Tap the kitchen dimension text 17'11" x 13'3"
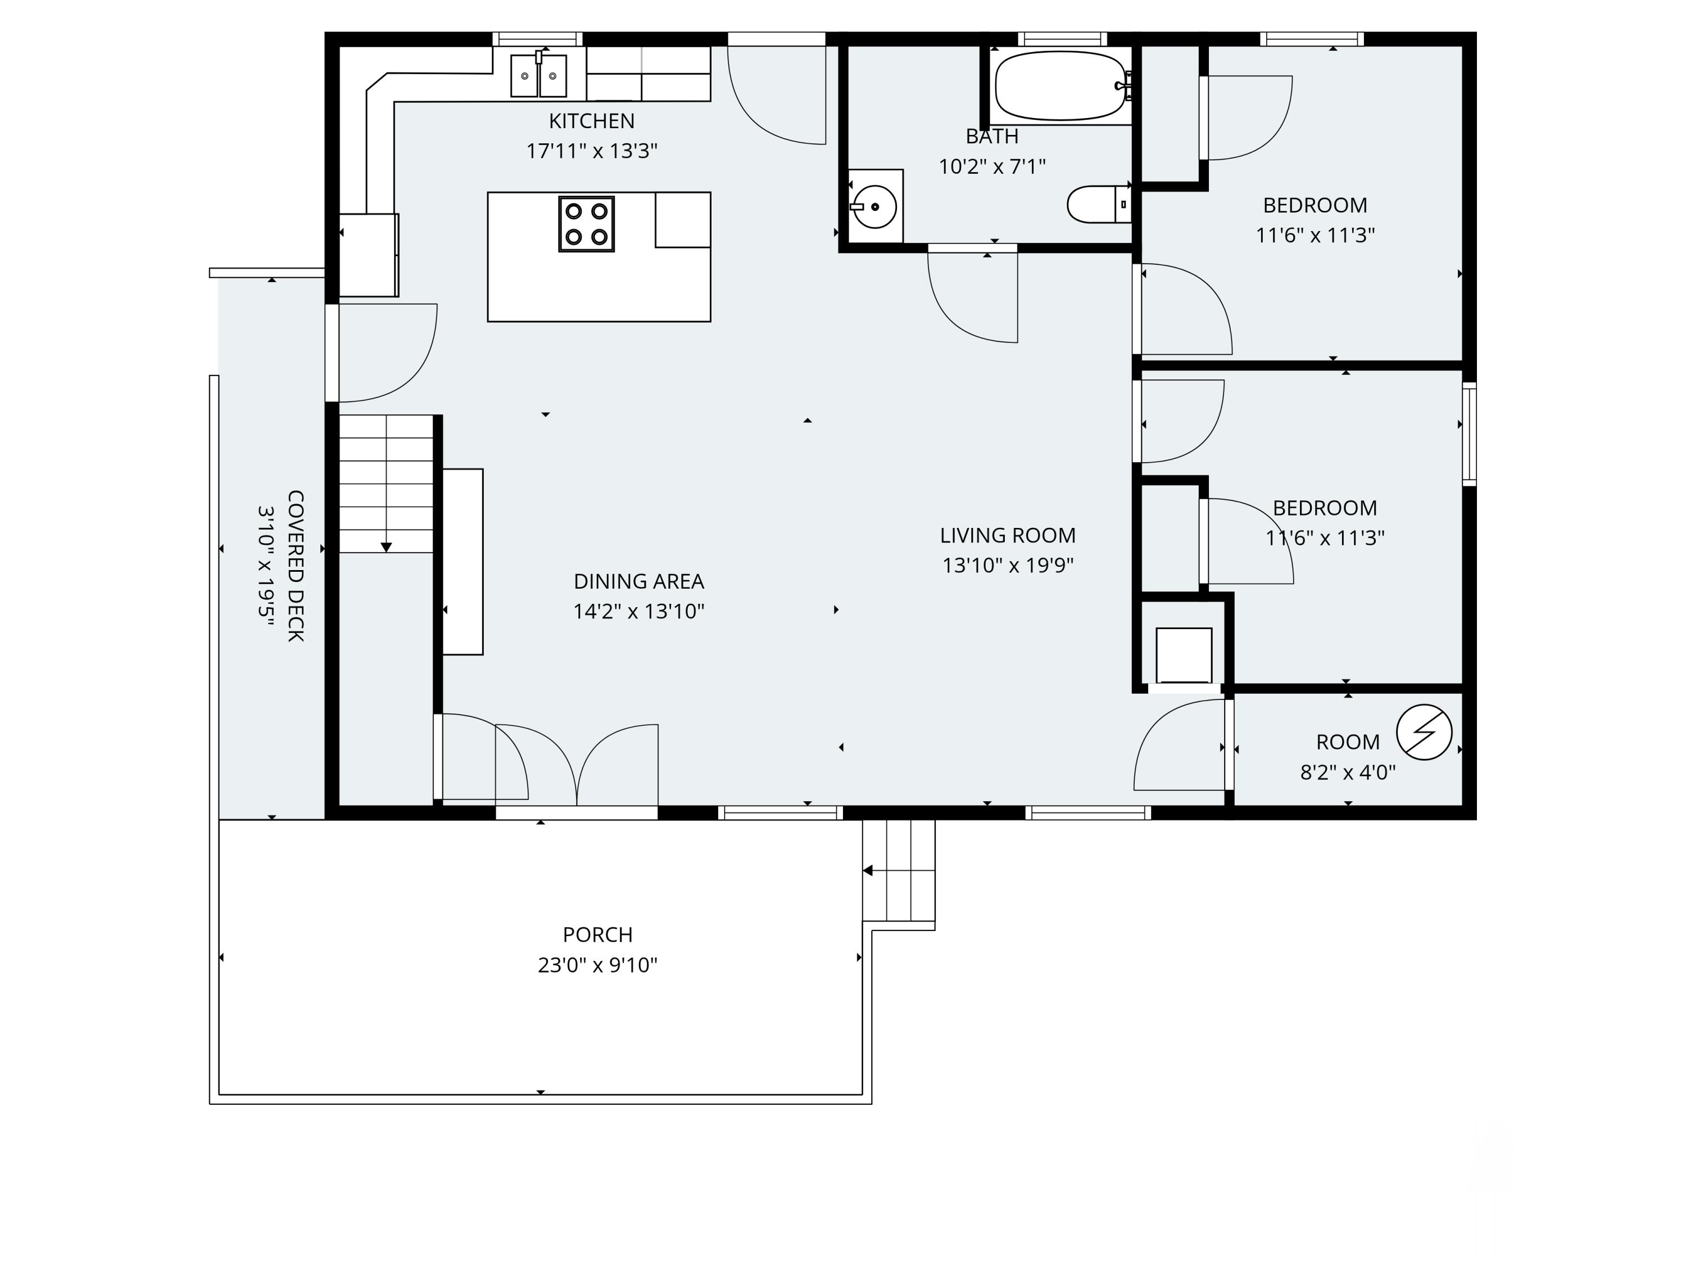tap(591, 151)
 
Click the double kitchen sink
tap(538, 75)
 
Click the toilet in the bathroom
tap(1099, 204)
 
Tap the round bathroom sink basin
tap(874, 207)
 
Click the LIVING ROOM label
tap(1008, 536)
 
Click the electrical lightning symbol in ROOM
tap(1424, 732)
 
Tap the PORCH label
tap(597, 935)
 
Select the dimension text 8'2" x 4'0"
tap(1348, 773)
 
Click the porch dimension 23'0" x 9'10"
tap(597, 965)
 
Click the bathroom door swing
tap(973, 297)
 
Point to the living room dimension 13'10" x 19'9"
tap(1008, 566)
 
